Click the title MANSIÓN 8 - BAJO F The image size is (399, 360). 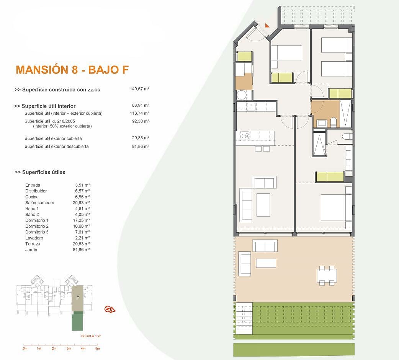click(72, 70)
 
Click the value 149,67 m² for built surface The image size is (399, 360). click(139, 89)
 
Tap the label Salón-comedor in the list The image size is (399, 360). click(40, 203)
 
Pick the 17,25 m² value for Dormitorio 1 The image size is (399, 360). click(82, 220)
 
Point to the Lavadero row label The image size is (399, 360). click(34, 238)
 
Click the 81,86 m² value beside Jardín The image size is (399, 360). click(82, 250)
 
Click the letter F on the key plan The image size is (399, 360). click(78, 298)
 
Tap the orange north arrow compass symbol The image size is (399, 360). click(110, 310)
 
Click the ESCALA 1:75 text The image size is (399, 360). click(91, 336)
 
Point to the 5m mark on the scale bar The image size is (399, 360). click(98, 348)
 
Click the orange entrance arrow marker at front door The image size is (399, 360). click(267, 25)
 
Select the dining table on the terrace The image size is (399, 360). click(327, 275)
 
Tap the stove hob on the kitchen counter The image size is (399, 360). click(245, 136)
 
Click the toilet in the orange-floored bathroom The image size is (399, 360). click(334, 122)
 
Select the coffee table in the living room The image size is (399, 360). click(263, 205)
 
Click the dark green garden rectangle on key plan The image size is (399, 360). click(77, 321)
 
